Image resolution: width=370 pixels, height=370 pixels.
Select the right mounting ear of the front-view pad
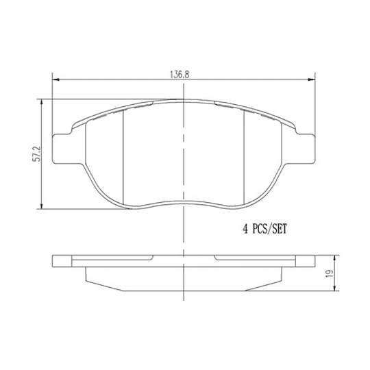305,147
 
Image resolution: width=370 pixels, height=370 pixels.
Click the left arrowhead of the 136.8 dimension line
56,79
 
